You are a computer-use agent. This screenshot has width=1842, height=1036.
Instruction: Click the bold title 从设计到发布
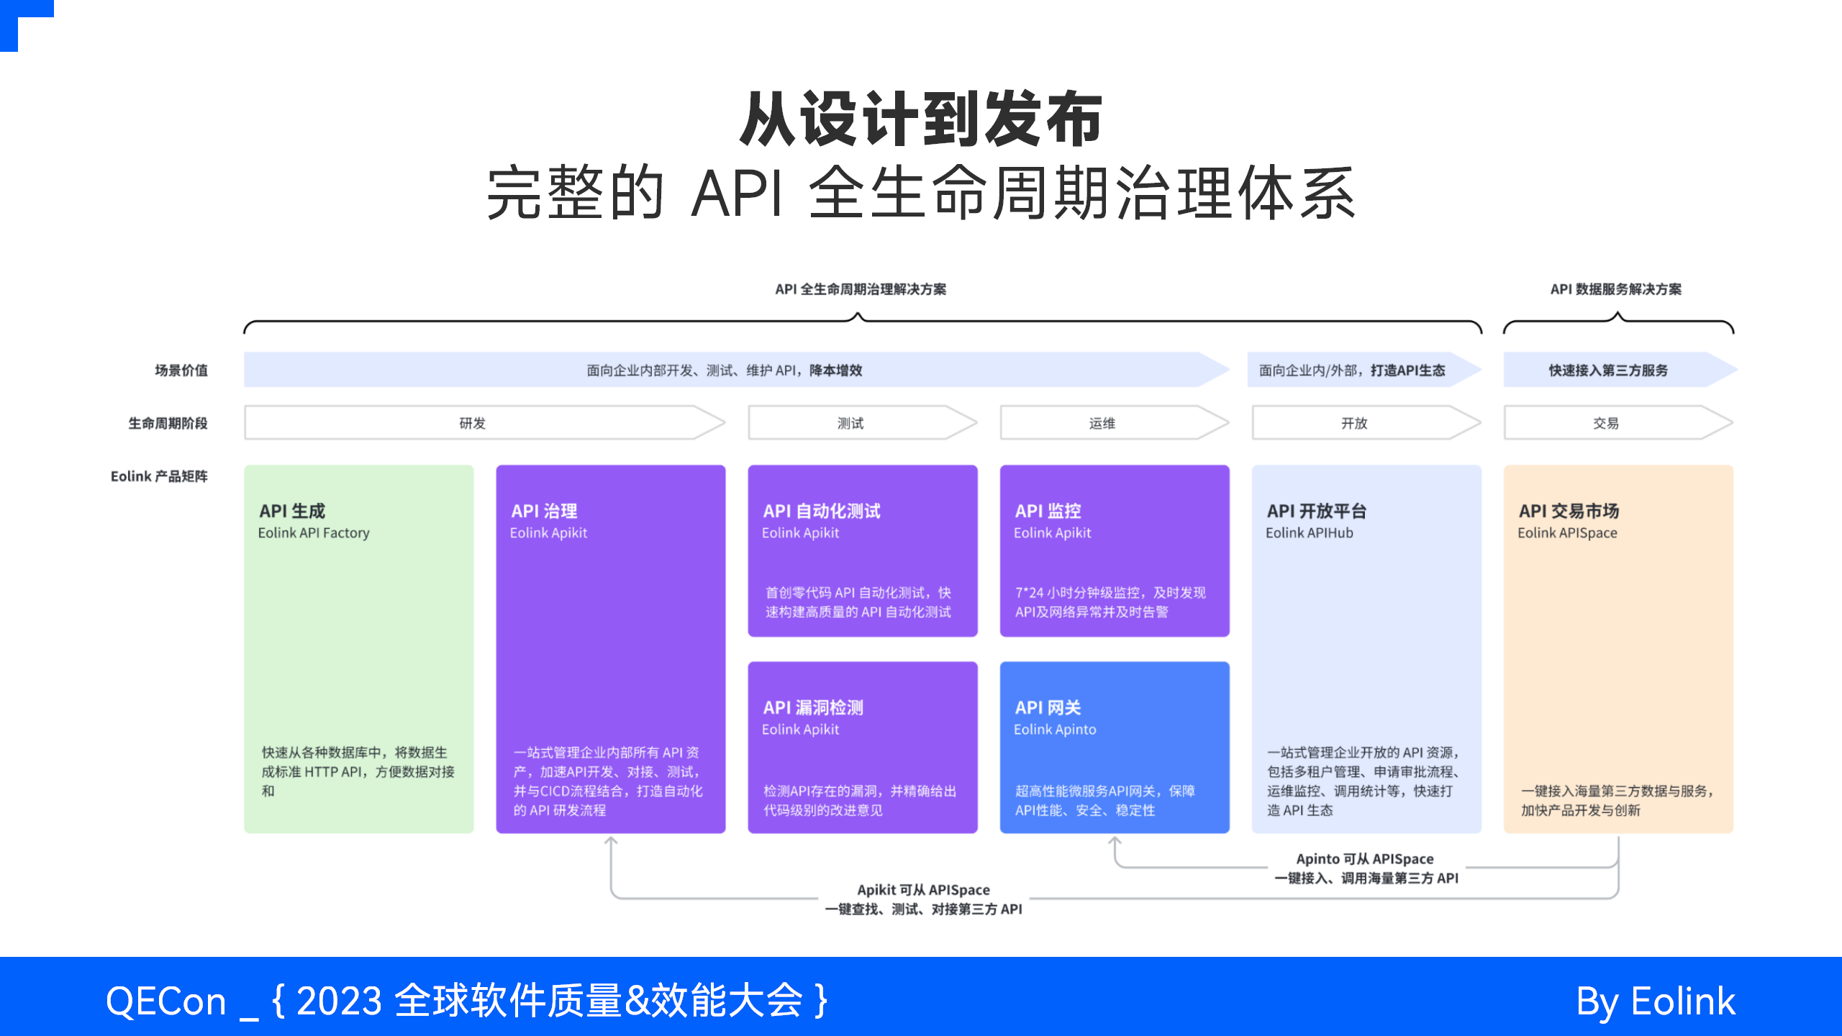921,119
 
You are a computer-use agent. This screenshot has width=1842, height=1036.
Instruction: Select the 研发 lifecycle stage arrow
473,423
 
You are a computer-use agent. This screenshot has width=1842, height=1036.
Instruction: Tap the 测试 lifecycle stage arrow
850,423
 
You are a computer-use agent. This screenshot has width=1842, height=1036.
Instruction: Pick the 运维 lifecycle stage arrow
1102,423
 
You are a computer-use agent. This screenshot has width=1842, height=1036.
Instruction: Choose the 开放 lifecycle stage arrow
1354,423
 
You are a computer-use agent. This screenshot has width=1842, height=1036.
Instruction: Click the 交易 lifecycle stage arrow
1606,423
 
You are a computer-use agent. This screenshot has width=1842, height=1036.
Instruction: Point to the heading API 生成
292,511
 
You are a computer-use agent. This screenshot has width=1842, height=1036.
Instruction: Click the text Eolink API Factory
314,533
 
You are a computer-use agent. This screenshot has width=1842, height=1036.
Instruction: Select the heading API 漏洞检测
813,707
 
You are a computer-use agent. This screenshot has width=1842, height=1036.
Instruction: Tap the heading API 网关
1048,707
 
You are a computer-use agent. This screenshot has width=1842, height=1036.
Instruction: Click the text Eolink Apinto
1055,730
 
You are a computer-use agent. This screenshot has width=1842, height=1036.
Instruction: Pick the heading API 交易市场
1569,511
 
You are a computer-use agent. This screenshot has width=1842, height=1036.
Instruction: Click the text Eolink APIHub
1310,533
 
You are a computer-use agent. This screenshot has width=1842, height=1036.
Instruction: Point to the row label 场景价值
181,371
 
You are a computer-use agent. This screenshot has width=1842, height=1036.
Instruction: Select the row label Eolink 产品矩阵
159,476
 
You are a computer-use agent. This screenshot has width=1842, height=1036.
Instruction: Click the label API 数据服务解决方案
1616,289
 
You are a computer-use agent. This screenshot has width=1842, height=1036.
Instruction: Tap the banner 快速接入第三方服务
1608,371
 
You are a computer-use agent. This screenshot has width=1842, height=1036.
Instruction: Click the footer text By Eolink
1655,1001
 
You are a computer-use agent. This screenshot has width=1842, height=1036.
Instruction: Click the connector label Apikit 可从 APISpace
923,890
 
